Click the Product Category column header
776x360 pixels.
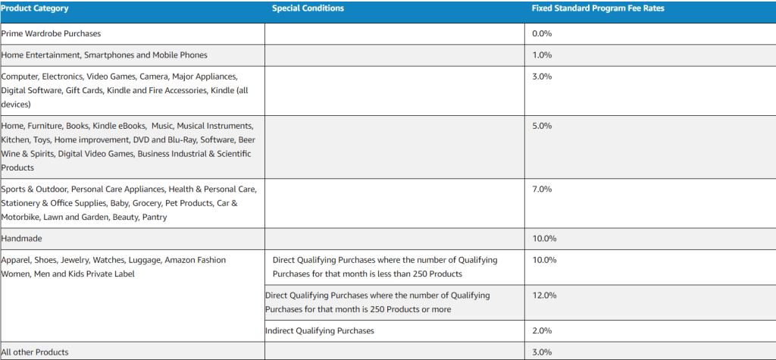pos(35,8)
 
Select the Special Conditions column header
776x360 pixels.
pos(308,8)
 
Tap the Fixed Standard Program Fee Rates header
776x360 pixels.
pos(598,8)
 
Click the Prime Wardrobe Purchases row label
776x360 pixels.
pos(51,34)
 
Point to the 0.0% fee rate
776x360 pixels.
pos(542,34)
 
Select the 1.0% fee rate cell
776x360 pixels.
pos(542,55)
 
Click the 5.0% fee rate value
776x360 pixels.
pos(542,126)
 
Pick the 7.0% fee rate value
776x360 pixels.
pos(542,189)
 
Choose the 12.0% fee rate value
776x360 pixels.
pos(544,296)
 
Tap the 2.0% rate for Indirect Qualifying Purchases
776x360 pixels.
pos(542,331)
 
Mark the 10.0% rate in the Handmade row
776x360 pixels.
pos(544,239)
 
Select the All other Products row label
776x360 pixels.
pos(35,352)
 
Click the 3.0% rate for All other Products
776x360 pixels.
pos(542,352)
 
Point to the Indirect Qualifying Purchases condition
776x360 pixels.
pos(319,331)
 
